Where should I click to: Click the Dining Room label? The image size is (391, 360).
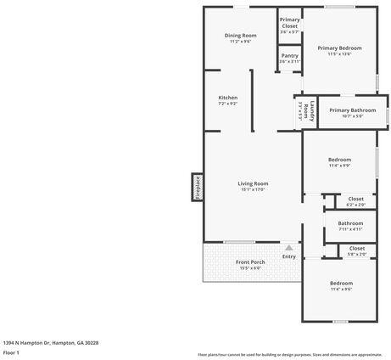[240, 36]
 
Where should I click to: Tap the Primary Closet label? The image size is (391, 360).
[289, 23]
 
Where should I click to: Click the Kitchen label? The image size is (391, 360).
[227, 98]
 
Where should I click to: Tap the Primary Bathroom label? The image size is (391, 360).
[352, 110]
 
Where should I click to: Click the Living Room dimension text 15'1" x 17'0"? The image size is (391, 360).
[253, 189]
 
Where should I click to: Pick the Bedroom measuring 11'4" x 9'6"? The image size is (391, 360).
[341, 283]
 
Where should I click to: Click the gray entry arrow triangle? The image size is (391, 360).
[288, 246]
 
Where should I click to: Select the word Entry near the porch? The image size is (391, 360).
[289, 256]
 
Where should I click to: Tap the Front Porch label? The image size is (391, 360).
[250, 262]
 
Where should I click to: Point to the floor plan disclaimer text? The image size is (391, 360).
[289, 354]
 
